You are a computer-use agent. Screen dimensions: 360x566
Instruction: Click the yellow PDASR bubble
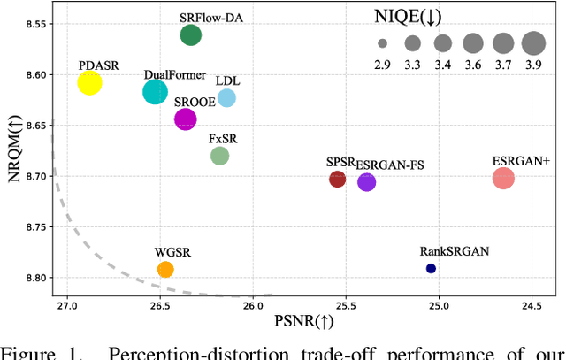(x=89, y=82)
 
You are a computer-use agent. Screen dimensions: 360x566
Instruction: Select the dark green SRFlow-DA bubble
(x=190, y=35)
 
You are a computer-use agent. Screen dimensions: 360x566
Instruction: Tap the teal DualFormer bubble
(x=156, y=92)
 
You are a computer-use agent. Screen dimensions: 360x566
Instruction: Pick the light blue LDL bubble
(x=226, y=97)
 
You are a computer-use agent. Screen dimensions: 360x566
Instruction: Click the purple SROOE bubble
(x=186, y=119)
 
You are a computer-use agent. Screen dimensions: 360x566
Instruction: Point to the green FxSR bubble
(x=220, y=156)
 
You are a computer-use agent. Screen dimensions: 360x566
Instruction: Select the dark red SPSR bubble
(x=337, y=180)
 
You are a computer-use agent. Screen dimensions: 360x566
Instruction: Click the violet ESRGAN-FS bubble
(x=366, y=182)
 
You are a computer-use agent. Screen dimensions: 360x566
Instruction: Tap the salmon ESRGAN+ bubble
(x=503, y=179)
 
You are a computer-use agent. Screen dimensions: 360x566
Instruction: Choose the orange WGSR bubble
(x=165, y=269)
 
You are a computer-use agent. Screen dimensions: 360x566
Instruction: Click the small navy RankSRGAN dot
(x=431, y=268)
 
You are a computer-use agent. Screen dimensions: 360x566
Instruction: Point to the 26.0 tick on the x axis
(x=253, y=307)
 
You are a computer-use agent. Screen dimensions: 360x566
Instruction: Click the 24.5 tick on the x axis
(x=532, y=307)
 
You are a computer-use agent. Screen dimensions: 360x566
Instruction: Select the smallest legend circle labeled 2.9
(x=382, y=42)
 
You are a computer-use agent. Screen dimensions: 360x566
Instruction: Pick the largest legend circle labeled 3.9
(x=533, y=42)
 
